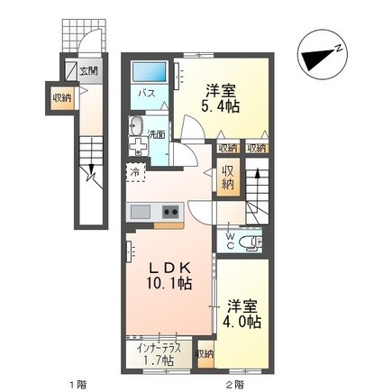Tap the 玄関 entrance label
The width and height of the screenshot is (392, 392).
(x=88, y=70)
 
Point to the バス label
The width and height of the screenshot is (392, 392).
(x=145, y=93)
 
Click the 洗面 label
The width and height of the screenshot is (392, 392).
(x=157, y=134)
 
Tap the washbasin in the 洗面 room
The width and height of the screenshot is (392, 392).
(x=137, y=127)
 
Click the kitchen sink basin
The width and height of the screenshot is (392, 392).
(x=141, y=212)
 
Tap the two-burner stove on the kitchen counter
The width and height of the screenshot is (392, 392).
(x=170, y=213)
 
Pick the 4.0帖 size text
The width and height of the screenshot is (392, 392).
(x=243, y=321)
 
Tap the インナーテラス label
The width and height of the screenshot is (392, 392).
(x=158, y=346)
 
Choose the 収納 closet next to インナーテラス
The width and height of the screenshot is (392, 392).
(x=205, y=354)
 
